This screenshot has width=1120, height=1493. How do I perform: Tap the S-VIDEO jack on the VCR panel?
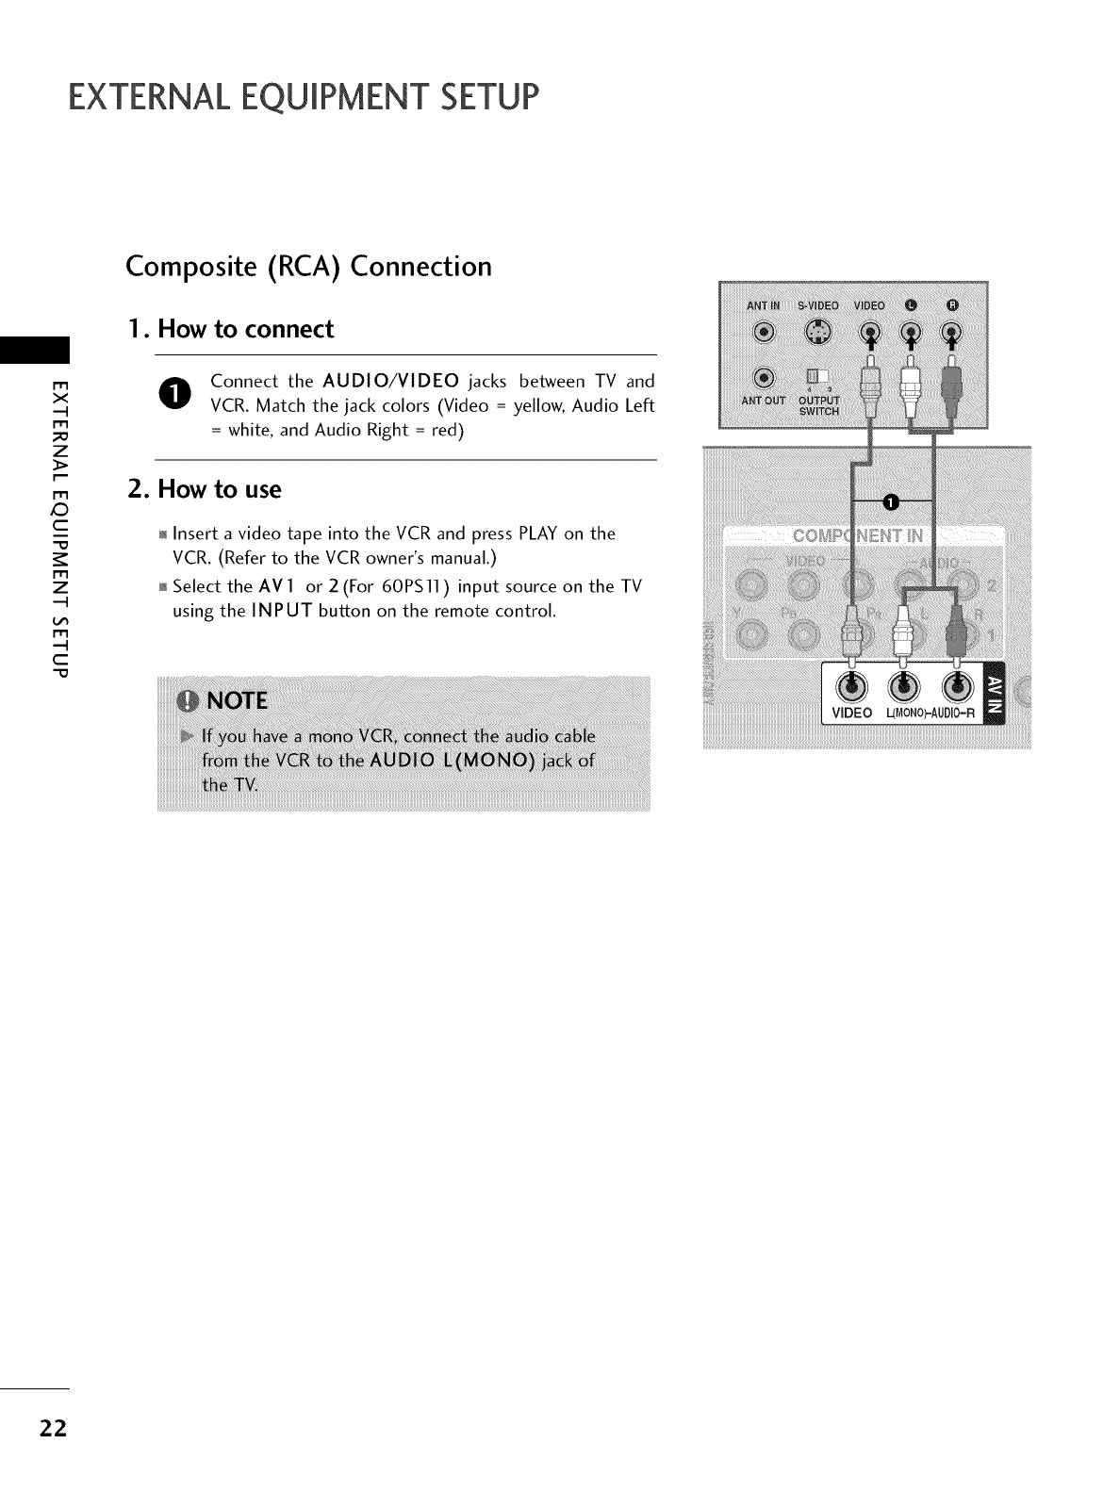816,332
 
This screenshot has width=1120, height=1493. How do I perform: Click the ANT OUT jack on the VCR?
764,378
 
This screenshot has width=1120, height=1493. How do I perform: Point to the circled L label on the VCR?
910,304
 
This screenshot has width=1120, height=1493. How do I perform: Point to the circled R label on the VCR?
952,304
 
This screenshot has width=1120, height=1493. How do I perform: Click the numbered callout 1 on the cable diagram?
889,500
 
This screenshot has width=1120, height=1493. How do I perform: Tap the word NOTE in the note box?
237,701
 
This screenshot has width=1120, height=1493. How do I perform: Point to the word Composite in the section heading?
184,268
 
